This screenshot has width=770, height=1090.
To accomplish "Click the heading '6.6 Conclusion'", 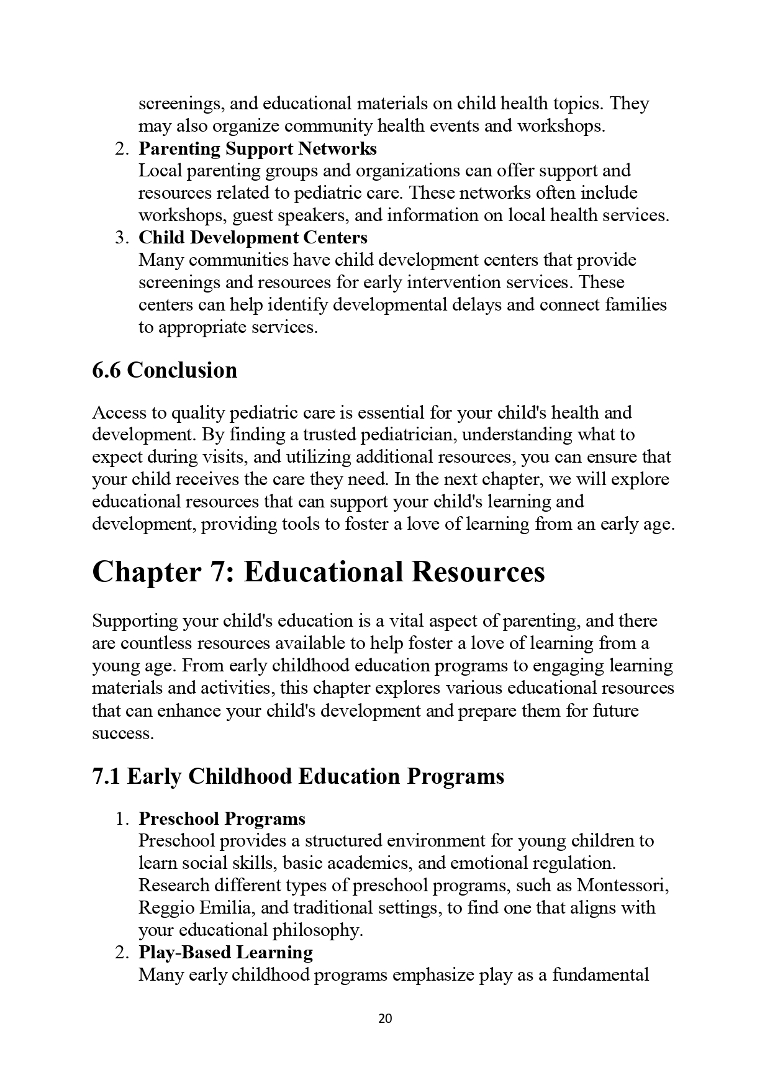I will tap(165, 370).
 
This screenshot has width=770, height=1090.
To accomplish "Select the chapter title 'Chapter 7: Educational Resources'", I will tap(318, 572).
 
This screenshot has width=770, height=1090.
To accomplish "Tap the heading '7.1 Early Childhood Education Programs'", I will tap(298, 776).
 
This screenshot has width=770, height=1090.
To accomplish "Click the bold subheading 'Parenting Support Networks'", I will tap(257, 149).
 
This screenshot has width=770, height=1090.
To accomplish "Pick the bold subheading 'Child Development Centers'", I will tap(253, 238).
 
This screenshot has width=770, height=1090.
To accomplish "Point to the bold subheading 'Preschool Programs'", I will tap(222, 819).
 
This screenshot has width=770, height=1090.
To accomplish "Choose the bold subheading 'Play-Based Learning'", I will tap(225, 953).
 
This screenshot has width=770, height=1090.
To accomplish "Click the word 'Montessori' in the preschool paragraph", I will tap(622, 886).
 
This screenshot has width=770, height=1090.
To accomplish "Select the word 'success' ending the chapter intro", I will tap(122, 733).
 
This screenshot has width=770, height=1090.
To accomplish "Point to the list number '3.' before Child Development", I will tap(122, 238).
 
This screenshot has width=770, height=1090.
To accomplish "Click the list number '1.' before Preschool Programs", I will tap(122, 819).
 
